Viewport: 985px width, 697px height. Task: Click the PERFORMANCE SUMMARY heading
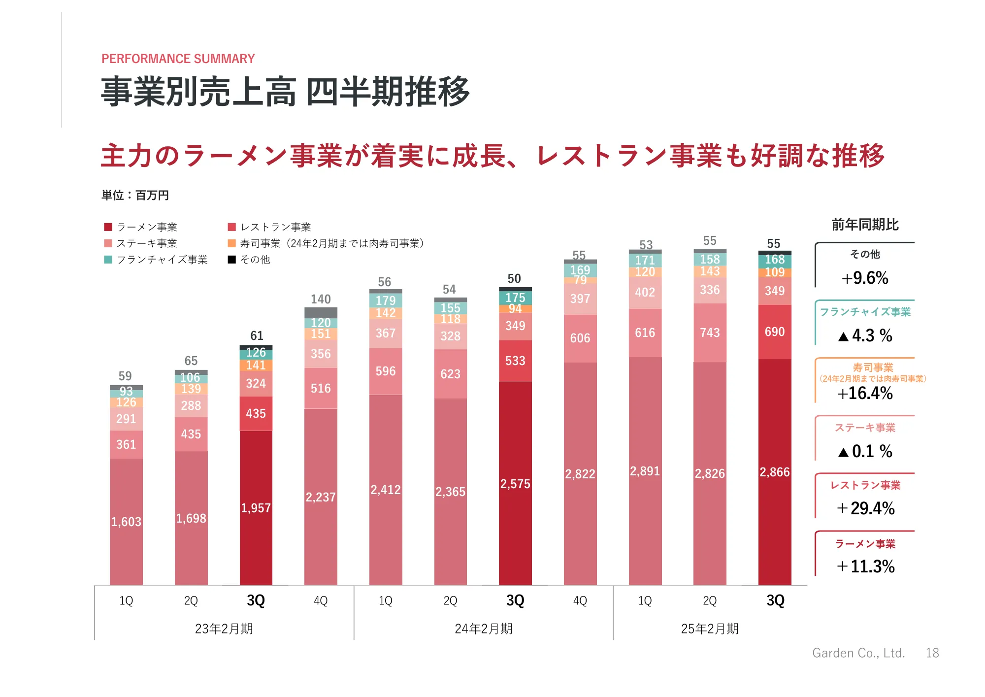178,59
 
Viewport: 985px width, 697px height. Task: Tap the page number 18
932,653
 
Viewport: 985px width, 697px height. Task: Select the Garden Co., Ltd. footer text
858,653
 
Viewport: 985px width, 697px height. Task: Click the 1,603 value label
126,522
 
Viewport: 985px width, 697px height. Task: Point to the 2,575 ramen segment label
515,484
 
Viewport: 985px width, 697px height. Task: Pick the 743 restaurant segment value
710,333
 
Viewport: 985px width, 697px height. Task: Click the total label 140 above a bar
321,299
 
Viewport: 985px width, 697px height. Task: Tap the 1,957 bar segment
256,508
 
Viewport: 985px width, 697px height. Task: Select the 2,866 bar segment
775,472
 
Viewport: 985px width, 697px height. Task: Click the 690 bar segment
775,332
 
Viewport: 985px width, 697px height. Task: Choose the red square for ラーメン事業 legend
108,227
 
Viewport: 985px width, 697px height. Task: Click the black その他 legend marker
232,260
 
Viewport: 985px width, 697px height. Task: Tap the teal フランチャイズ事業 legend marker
108,260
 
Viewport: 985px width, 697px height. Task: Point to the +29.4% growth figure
866,508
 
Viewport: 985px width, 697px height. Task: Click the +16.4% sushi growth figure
865,394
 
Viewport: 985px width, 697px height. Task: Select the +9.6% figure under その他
865,278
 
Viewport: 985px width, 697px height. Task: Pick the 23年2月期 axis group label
224,629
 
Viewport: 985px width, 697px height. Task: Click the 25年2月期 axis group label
710,629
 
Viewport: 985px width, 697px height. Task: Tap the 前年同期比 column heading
865,225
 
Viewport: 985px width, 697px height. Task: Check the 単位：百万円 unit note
135,196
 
